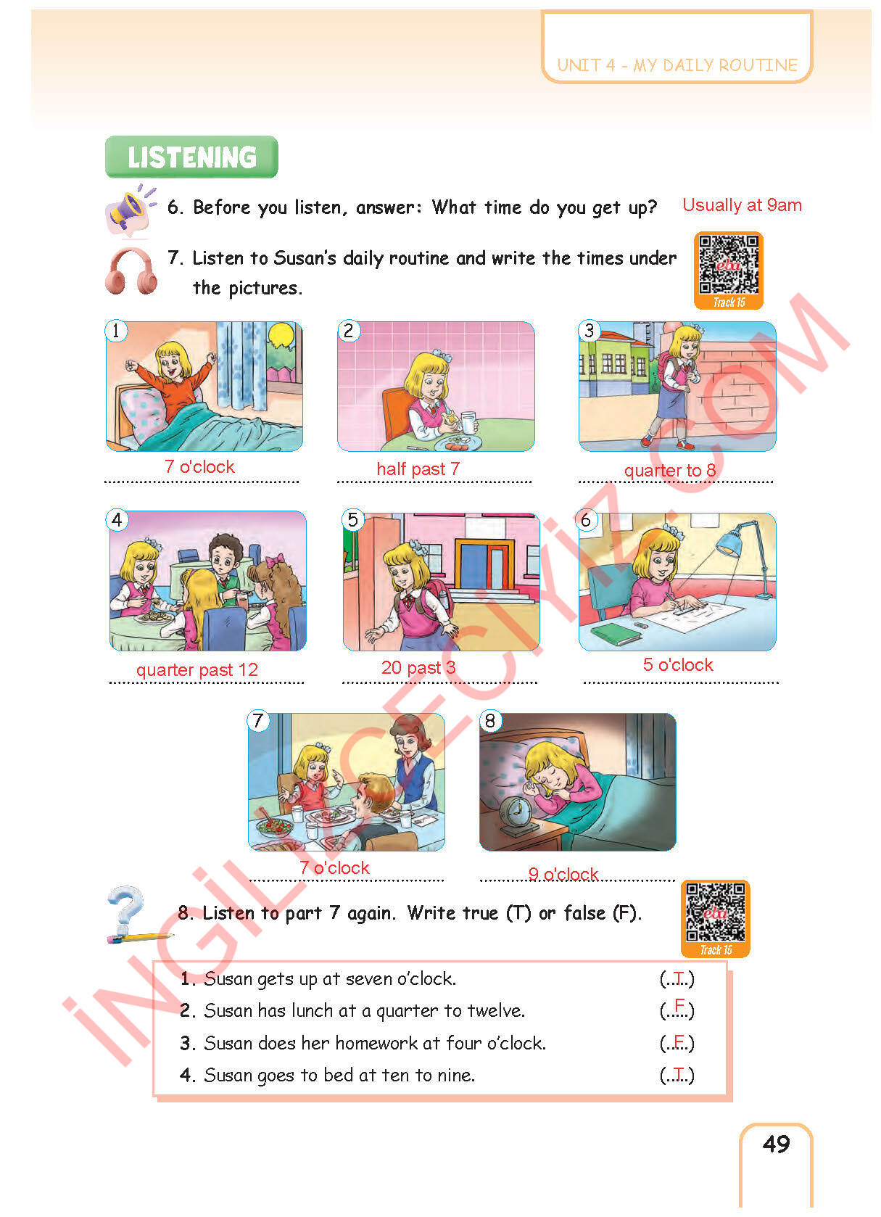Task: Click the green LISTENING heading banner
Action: (191, 157)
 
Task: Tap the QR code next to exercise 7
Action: (729, 271)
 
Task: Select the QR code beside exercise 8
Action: (716, 919)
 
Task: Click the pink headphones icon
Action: (131, 271)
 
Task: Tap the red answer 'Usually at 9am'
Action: (742, 205)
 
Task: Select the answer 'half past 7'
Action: (418, 469)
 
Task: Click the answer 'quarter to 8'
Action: (670, 470)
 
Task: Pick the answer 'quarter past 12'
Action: (197, 669)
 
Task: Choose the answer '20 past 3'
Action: (418, 667)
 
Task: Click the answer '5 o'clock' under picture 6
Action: (678, 664)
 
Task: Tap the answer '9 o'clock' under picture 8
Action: (563, 874)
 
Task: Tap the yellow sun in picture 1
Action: (281, 334)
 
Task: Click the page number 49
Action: (776, 1144)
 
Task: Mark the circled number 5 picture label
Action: (353, 520)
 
